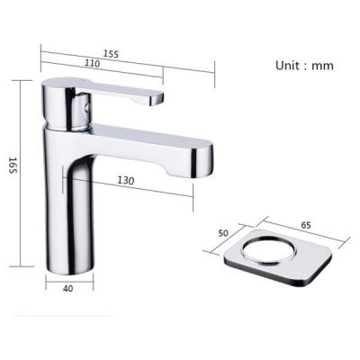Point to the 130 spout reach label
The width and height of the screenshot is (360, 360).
tap(125, 181)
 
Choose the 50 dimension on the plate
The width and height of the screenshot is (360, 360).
tap(225, 234)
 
